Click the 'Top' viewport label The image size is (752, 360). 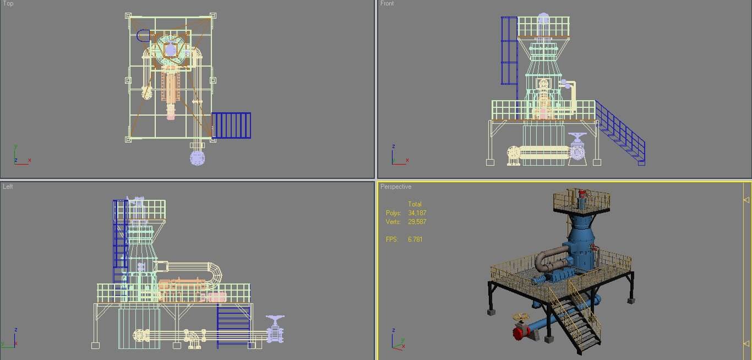8,4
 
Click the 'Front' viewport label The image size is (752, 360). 387,4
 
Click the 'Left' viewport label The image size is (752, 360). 8,187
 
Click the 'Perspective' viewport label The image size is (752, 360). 396,187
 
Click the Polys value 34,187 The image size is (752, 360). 417,213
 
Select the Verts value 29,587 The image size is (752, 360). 417,222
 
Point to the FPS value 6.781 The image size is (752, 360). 415,239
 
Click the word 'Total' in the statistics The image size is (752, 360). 415,204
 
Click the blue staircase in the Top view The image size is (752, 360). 231,125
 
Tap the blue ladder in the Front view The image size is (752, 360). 509,50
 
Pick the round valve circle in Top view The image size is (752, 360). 198,158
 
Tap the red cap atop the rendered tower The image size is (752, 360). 582,193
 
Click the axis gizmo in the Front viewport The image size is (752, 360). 398,156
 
